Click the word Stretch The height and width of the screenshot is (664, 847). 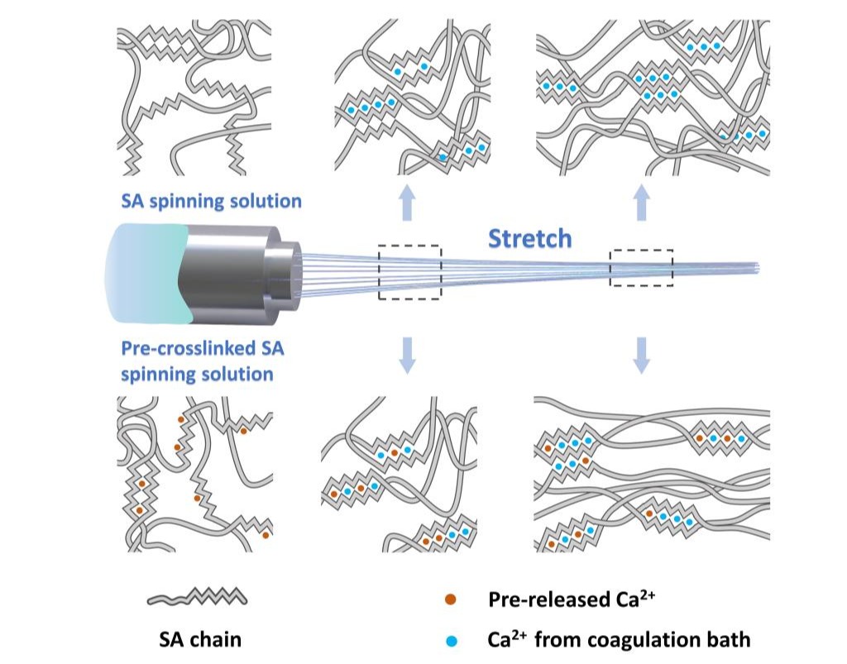pyautogui.click(x=529, y=238)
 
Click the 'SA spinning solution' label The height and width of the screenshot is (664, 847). pyautogui.click(x=210, y=201)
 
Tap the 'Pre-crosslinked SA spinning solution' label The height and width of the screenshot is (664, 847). pyautogui.click(x=203, y=361)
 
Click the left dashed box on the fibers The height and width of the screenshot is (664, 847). pyautogui.click(x=409, y=271)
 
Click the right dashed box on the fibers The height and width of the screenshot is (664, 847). pyautogui.click(x=641, y=267)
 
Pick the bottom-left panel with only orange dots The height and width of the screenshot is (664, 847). pyautogui.click(x=194, y=474)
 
